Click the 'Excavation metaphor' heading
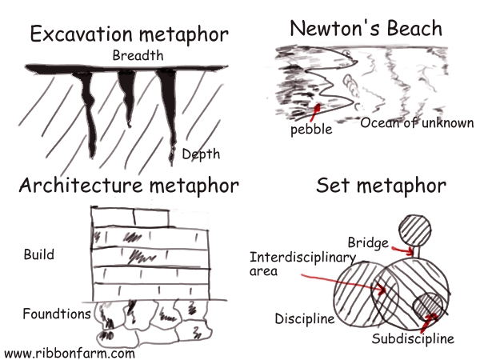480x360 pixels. point(128,35)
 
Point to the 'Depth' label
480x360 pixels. point(200,154)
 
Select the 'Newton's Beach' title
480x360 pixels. point(365,29)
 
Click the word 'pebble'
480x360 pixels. point(310,127)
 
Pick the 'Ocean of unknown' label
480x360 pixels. point(416,123)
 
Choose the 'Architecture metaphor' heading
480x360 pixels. point(129,186)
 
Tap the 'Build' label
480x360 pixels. point(39,255)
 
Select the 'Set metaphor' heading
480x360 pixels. point(380,186)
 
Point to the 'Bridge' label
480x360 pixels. point(367,242)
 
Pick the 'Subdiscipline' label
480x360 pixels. point(413,338)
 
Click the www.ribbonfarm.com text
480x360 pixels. point(69,352)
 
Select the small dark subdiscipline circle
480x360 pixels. point(427,309)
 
